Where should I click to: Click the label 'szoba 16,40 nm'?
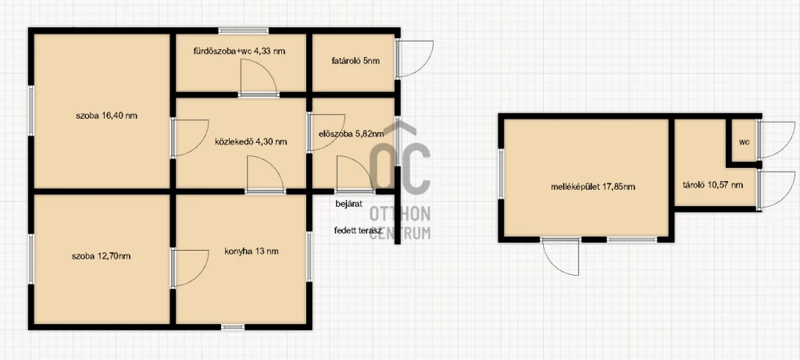106,116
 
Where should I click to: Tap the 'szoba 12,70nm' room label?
101,256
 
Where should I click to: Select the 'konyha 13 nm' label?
252,251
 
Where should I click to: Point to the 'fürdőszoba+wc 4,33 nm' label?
239,51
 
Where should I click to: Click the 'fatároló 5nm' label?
355,61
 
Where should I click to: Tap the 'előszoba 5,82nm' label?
351,134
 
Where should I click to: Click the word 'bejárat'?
349,204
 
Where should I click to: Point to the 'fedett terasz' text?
358,230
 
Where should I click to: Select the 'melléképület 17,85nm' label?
593,187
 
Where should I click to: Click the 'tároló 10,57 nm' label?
712,184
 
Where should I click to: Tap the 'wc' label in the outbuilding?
745,142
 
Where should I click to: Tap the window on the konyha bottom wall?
233,327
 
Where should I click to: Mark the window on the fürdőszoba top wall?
244,30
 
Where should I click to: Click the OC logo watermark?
401,168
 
